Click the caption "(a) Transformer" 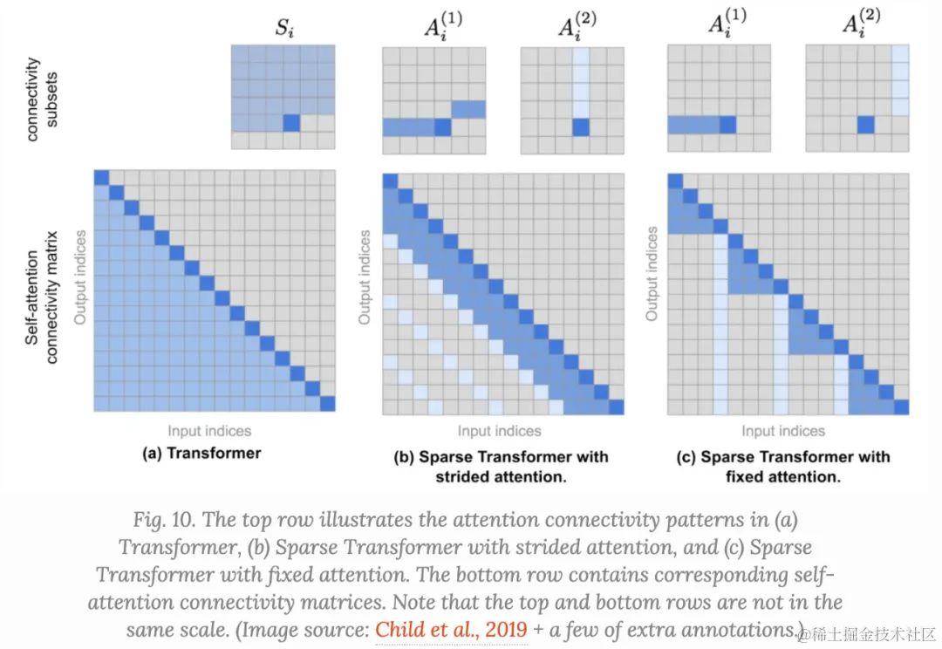pyautogui.click(x=201, y=453)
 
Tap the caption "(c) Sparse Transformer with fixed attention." pyautogui.click(x=782, y=466)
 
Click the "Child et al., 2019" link pyautogui.click(x=451, y=629)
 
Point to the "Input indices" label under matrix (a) pyautogui.click(x=209, y=430)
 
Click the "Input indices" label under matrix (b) pyautogui.click(x=499, y=431)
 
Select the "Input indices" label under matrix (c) pyautogui.click(x=782, y=431)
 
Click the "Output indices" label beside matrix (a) pyautogui.click(x=79, y=277)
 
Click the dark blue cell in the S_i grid pyautogui.click(x=291, y=123)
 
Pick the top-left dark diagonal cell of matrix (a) pyautogui.click(x=101, y=177)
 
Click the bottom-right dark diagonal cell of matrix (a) pyautogui.click(x=328, y=403)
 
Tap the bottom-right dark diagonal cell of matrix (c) pyautogui.click(x=901, y=406)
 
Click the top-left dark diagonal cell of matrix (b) pyautogui.click(x=390, y=181)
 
